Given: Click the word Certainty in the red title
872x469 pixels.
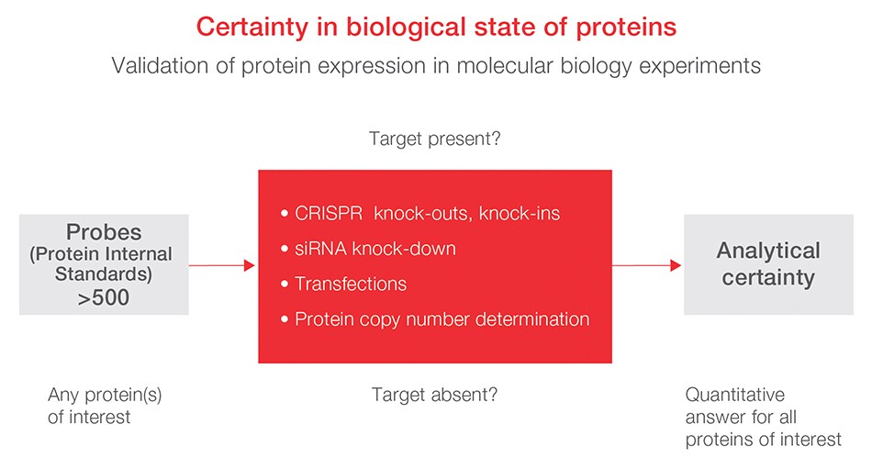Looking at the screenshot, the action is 252,27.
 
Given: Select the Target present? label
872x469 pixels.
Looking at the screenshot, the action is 435,139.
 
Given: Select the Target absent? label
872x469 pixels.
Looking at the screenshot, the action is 434,395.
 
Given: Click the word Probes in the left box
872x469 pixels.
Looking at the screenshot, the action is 104,232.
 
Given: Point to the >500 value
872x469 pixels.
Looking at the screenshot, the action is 104,297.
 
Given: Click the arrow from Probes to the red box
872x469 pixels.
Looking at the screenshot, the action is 222,265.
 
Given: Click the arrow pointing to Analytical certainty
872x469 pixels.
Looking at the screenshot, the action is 647,265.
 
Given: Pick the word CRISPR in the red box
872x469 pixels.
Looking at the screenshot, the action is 329,213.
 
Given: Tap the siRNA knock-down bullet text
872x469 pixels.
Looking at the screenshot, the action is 375,249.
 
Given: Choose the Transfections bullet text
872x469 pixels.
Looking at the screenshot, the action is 351,284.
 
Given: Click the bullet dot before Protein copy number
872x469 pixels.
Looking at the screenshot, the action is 285,319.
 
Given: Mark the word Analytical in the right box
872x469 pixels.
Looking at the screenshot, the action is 768,251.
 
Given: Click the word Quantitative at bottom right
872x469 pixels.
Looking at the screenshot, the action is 735,395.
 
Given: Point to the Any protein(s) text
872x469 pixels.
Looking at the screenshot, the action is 106,395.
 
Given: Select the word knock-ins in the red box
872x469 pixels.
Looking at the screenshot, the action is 520,213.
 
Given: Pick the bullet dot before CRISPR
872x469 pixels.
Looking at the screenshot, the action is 285,214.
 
